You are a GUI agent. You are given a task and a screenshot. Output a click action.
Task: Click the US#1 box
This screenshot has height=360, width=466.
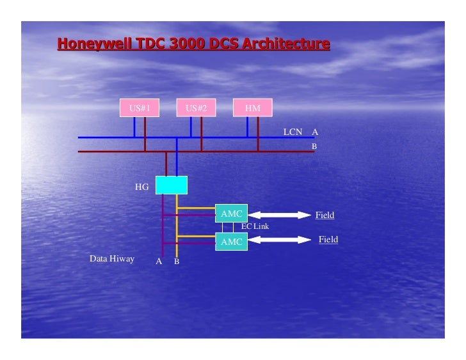pos(140,108)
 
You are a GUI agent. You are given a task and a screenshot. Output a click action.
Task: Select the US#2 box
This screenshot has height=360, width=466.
pos(196,108)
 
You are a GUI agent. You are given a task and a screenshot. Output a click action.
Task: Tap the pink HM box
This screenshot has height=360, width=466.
pos(253,108)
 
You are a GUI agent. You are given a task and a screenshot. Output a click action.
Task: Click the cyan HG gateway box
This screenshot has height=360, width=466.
pos(172,185)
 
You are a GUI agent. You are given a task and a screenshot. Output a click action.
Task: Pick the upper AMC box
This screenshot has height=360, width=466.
pos(231,214)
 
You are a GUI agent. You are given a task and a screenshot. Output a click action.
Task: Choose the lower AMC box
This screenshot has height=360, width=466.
pos(231,242)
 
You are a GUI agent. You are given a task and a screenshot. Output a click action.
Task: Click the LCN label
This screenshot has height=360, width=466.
pos(293,132)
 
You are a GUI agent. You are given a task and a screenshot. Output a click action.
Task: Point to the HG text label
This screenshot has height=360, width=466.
pos(142,187)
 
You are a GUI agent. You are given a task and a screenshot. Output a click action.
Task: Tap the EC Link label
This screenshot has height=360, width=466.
pos(255,226)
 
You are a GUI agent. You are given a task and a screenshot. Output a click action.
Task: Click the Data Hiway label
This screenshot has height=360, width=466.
pos(112,259)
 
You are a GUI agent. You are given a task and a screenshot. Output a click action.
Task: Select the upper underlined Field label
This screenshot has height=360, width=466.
pos(325,215)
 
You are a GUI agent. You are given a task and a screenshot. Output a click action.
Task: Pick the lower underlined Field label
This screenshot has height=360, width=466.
pos(328,239)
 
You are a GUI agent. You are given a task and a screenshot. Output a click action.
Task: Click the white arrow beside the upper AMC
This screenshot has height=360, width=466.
pos(279,215)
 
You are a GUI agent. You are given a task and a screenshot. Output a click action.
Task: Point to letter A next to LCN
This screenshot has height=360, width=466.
pos(315,132)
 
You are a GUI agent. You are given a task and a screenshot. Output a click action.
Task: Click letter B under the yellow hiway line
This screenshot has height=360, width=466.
pos(177,262)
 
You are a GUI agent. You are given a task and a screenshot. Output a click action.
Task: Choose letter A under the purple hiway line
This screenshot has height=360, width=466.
pos(159,262)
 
